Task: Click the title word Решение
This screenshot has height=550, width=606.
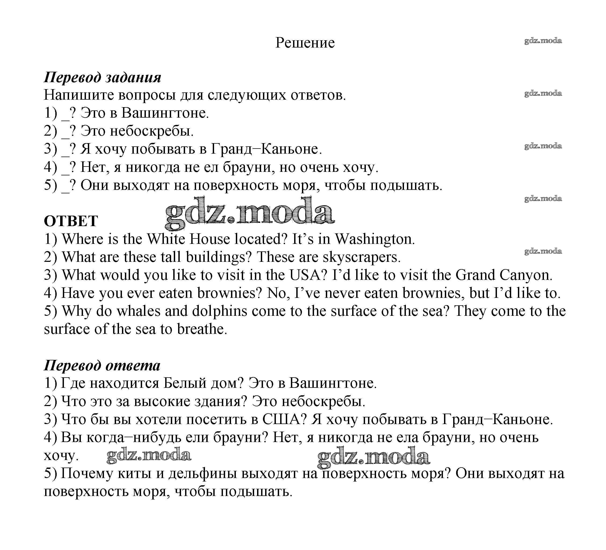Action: (305, 43)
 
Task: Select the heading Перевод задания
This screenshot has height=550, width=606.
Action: (103, 77)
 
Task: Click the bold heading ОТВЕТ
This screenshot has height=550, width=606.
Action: (71, 221)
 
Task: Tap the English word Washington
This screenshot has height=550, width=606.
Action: (374, 239)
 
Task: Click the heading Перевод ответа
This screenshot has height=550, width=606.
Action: (102, 366)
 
